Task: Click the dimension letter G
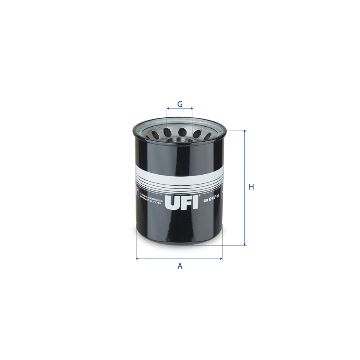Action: pyautogui.click(x=180, y=104)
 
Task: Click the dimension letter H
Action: pyautogui.click(x=251, y=187)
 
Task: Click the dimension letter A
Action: pyautogui.click(x=180, y=266)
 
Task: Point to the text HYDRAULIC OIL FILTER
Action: pyautogui.click(x=151, y=200)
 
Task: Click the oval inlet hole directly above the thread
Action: pyautogui.click(x=182, y=131)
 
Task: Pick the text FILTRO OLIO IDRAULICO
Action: pyautogui.click(x=151, y=196)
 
